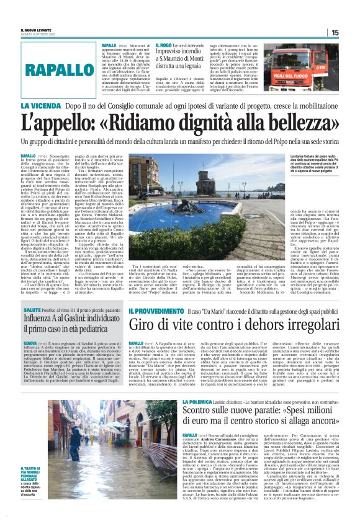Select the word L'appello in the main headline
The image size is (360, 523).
[x=74, y=122]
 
